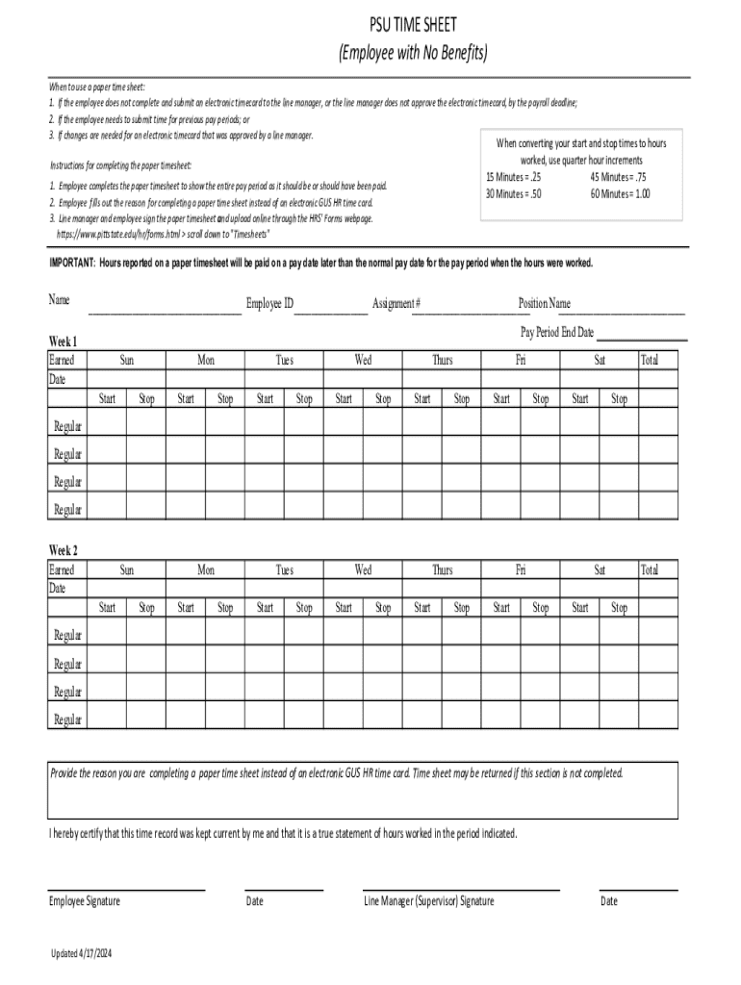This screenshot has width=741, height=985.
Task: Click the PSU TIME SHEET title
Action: (x=413, y=25)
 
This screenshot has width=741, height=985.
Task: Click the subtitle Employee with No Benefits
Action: (x=413, y=53)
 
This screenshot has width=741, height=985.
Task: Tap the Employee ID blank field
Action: (x=330, y=310)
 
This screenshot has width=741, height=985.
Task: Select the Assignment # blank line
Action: (x=471, y=310)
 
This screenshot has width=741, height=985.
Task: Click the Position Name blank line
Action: (x=622, y=310)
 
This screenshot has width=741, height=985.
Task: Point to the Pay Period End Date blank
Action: (x=642, y=338)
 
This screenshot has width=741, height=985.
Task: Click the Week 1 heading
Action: (x=64, y=341)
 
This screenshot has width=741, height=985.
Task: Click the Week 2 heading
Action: (x=64, y=550)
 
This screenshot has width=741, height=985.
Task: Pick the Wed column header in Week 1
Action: (x=363, y=360)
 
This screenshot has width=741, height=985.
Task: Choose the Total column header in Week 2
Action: (x=650, y=569)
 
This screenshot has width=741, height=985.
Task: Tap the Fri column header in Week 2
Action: (x=521, y=569)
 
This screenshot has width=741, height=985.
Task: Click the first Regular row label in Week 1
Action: (x=68, y=425)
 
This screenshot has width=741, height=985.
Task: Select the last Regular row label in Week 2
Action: (x=68, y=719)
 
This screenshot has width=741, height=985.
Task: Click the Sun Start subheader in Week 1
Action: (x=107, y=399)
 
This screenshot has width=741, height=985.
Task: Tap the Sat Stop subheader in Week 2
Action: (x=620, y=608)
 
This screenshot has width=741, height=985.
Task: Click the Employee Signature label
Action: (x=85, y=901)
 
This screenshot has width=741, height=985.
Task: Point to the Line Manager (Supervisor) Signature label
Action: (x=429, y=901)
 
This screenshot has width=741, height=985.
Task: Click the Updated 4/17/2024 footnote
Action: (x=82, y=953)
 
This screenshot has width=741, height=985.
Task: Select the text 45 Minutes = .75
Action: (x=620, y=177)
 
